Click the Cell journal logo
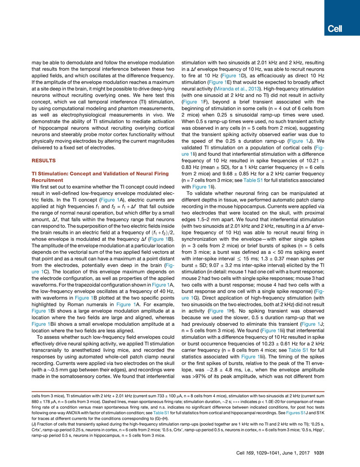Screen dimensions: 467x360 pos(334,28)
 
